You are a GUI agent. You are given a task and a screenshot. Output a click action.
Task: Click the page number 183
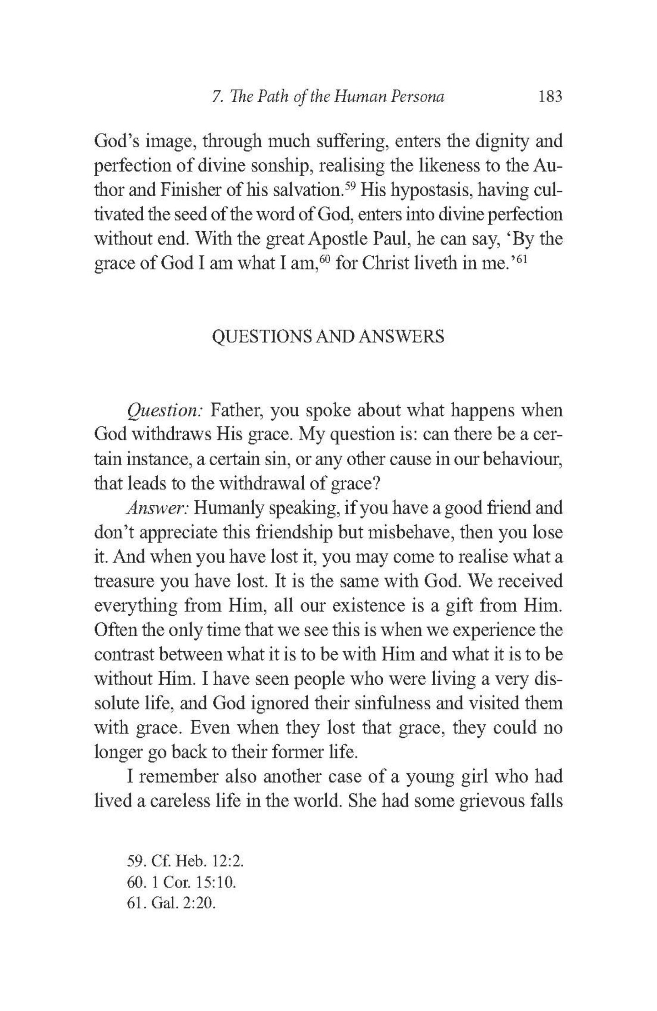pos(550,97)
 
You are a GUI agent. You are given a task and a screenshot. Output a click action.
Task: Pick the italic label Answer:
pos(157,508)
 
